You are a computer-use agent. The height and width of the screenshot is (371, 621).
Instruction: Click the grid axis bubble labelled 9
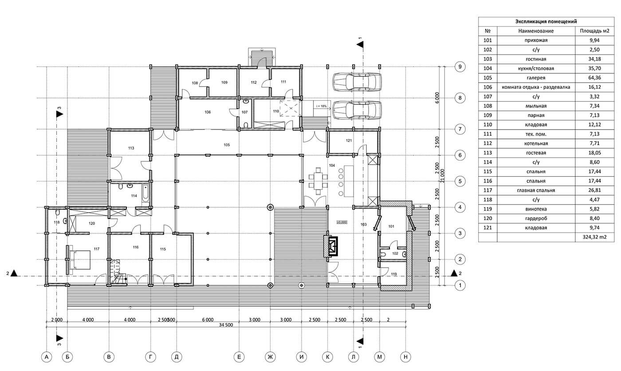coord(460,67)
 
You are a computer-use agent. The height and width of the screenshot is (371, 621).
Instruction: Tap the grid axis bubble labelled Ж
coord(270,357)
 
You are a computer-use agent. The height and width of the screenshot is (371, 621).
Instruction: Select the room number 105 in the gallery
coord(227,145)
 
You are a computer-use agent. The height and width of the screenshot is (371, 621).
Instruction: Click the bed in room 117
coord(80,260)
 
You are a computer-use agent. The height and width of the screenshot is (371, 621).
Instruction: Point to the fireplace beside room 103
coord(331,246)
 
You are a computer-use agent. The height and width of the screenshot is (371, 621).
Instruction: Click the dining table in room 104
coord(318,181)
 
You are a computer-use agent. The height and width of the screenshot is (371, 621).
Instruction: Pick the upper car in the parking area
coord(357,82)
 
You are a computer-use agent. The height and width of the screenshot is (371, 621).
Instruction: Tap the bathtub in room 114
coord(145,193)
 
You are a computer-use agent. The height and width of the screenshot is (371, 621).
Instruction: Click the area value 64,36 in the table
coord(594,78)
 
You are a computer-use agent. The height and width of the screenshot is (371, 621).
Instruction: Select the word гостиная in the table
coord(536,59)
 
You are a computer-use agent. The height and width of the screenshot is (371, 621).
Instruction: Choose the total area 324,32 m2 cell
coord(594,237)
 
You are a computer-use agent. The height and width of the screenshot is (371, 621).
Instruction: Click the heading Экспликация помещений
coord(546,21)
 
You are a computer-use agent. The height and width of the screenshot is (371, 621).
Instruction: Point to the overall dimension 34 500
coord(226,325)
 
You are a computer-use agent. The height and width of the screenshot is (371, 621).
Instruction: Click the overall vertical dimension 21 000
coord(443,176)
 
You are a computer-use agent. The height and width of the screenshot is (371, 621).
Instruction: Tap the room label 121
coord(349,141)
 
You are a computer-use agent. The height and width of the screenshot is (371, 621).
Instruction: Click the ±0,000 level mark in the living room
coord(342,222)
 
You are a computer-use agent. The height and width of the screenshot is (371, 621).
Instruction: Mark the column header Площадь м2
coord(594,31)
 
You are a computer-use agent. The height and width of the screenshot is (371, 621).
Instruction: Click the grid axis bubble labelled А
coord(46,357)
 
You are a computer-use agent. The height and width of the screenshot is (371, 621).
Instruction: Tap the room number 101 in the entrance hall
coord(391,226)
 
